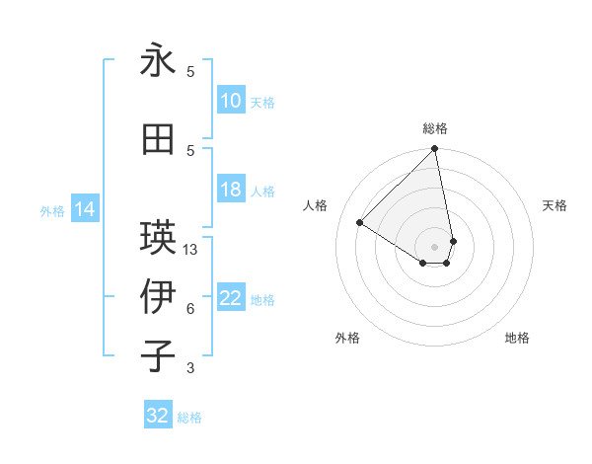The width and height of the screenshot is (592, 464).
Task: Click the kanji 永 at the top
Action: tap(158, 61)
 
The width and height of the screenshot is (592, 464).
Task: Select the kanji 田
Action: tap(158, 139)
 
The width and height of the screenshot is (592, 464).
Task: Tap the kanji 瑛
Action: tap(158, 237)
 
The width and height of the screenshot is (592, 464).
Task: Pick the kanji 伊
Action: tap(158, 296)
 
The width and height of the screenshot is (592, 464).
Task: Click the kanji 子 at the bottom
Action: tap(158, 356)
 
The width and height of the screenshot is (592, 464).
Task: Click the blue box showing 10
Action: tap(230, 101)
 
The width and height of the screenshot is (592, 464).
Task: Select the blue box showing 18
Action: tap(230, 190)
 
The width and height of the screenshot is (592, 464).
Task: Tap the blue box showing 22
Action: tap(230, 298)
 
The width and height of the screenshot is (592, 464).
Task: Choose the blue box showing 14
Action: tap(85, 209)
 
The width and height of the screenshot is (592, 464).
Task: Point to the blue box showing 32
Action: tap(158, 416)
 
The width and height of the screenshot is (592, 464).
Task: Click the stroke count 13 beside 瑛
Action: tap(190, 250)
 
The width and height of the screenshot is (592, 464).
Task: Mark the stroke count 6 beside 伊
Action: tap(190, 309)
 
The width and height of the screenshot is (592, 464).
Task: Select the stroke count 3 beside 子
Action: tap(190, 368)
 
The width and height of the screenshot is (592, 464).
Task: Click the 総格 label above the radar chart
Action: tap(434, 128)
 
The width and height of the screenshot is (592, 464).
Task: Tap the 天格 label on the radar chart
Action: tap(555, 205)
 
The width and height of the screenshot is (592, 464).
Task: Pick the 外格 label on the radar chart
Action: tap(347, 338)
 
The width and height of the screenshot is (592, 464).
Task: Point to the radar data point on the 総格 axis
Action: tap(434, 150)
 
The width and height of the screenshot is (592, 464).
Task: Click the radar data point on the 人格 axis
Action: tap(360, 222)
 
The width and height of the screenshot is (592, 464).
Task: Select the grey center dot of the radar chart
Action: tap(434, 246)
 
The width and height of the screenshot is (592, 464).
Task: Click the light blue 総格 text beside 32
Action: tap(189, 418)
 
